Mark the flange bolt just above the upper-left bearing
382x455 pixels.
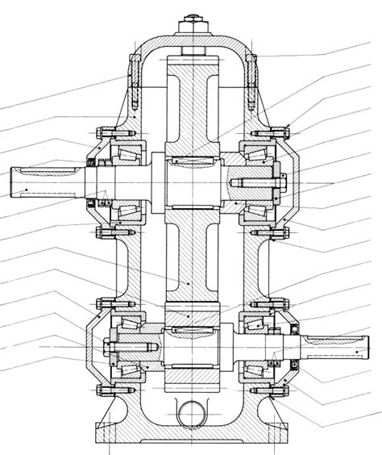click(102, 133)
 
